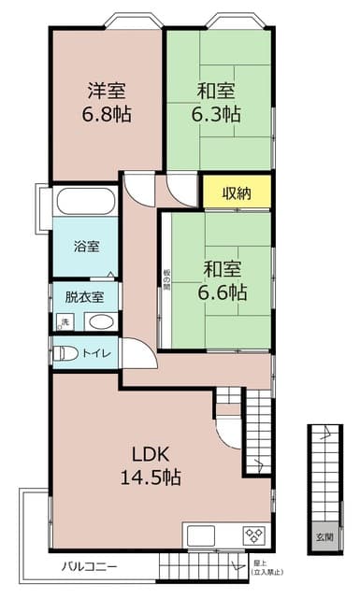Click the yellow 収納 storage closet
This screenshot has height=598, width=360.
[238, 193]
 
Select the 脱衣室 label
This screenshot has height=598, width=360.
[84, 297]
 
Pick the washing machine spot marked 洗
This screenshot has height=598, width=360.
[65, 322]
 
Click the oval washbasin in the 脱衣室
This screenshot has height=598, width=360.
[100, 322]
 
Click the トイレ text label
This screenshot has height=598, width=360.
[97, 354]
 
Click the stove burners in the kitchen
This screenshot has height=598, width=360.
[254, 535]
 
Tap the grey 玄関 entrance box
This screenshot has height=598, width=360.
[324, 535]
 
